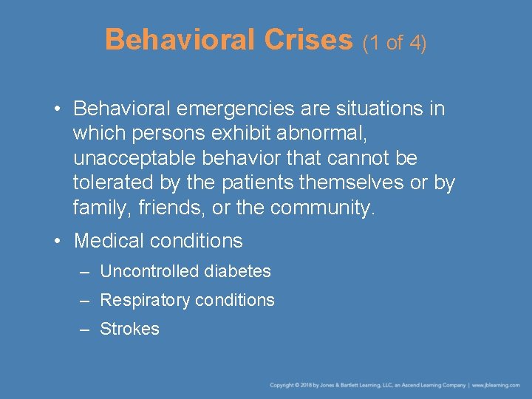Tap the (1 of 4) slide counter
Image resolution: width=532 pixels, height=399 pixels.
click(395, 43)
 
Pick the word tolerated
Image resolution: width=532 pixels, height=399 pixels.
click(115, 183)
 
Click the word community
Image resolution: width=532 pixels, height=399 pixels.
click(323, 208)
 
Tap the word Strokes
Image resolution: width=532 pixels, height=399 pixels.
click(129, 329)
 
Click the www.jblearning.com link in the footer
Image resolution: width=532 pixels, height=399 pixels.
click(497, 385)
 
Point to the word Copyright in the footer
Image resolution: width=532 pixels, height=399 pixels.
click(282, 385)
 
